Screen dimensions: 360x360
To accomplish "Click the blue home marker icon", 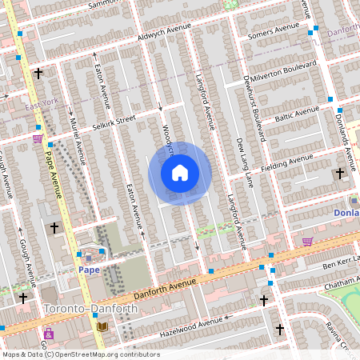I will coord(180,173).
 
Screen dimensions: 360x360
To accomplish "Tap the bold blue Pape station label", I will coord(88,270).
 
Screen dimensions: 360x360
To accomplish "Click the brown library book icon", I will coord(101,327).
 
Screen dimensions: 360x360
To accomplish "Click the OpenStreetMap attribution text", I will coord(80,354).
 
